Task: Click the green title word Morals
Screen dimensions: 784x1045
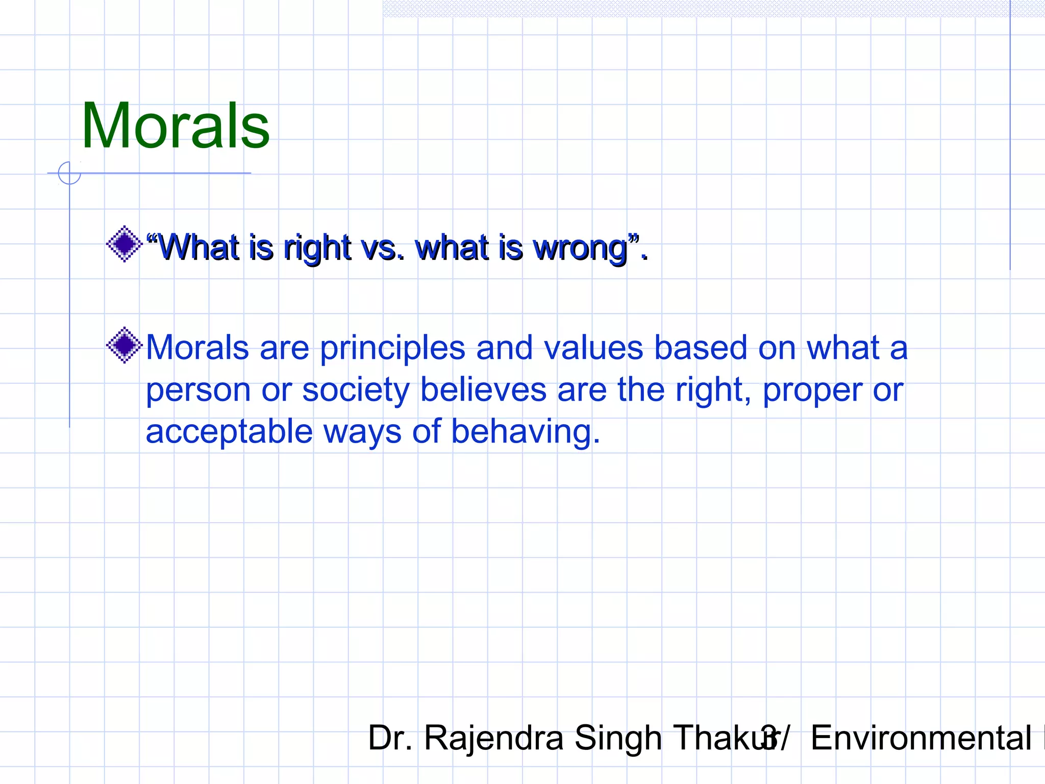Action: pyautogui.click(x=176, y=126)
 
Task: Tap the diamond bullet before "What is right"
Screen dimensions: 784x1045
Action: pyautogui.click(x=124, y=244)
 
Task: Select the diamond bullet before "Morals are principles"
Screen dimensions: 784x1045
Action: pyautogui.click(x=124, y=346)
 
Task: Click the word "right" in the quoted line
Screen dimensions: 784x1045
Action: pyautogui.click(x=317, y=249)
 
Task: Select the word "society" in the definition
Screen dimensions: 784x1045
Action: pyautogui.click(x=356, y=391)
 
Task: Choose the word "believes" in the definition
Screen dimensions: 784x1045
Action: pyautogui.click(x=483, y=390)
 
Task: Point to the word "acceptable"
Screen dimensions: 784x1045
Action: pyautogui.click(x=229, y=432)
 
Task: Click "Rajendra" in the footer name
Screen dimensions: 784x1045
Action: pyautogui.click(x=493, y=738)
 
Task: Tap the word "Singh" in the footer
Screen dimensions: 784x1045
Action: pyautogui.click(x=618, y=739)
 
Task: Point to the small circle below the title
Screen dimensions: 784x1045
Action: pyautogui.click(x=69, y=173)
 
